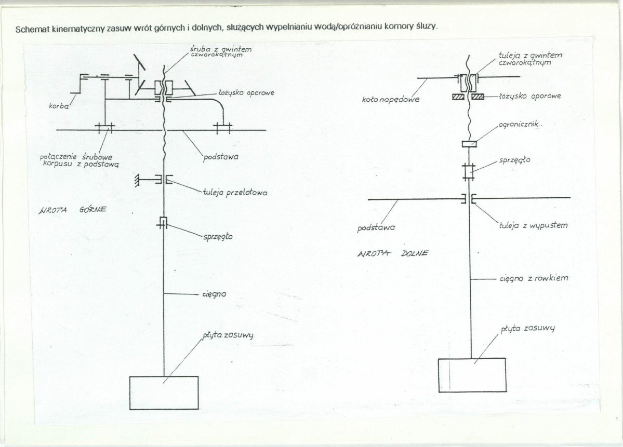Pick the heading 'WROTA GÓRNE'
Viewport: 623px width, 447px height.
(x=72, y=210)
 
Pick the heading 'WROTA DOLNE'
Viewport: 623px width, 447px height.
(x=392, y=254)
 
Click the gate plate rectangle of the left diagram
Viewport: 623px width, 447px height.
(x=164, y=391)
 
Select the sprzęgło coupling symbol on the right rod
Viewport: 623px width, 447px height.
(x=469, y=171)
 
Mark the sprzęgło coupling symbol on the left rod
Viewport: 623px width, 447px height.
(x=163, y=223)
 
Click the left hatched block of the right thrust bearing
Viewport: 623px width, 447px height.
(x=458, y=97)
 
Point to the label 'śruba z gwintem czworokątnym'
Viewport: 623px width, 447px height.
(x=220, y=51)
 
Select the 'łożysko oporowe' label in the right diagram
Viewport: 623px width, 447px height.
(x=529, y=97)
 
